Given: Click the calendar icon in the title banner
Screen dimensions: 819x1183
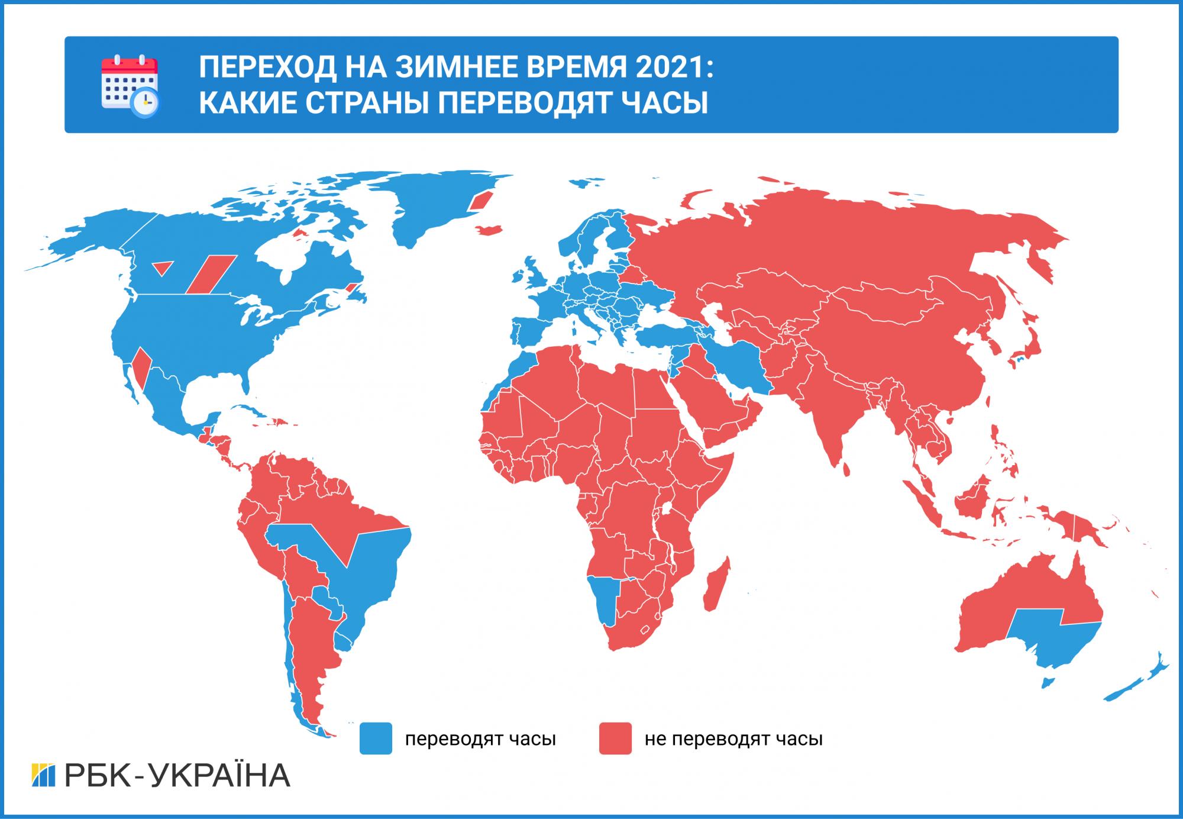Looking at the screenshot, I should click(x=130, y=85).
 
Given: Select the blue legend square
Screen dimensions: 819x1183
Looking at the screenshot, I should click(x=376, y=739).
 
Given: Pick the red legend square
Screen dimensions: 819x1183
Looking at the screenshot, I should click(x=615, y=739).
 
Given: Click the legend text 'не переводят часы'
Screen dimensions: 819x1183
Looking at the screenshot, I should click(x=733, y=739).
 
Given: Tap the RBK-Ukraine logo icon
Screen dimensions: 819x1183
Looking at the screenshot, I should click(x=43, y=776).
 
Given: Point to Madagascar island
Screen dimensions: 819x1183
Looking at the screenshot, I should click(x=717, y=585).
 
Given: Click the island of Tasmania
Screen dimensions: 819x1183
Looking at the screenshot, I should click(x=1046, y=683).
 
